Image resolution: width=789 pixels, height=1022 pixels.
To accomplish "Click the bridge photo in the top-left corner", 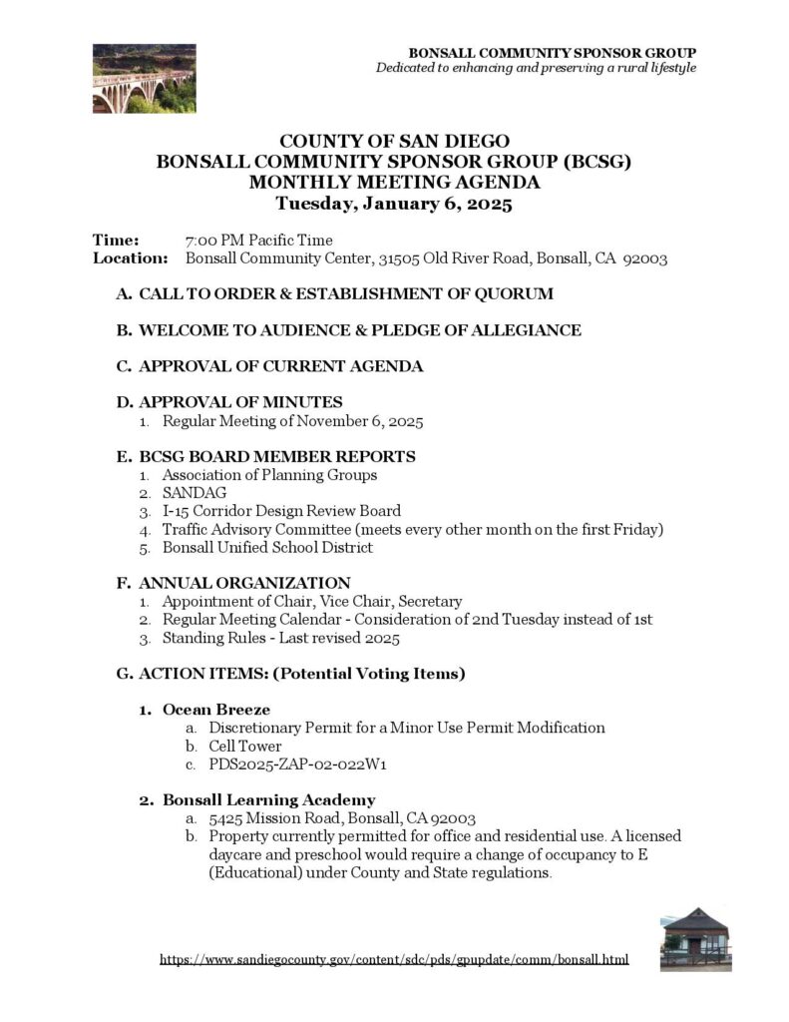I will pyautogui.click(x=144, y=78).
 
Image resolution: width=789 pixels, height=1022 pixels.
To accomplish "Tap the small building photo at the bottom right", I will pyautogui.click(x=695, y=938).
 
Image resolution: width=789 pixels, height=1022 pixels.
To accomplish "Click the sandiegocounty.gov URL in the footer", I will pyautogui.click(x=394, y=960).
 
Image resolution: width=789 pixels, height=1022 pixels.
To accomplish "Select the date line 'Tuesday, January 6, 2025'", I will pyautogui.click(x=394, y=205).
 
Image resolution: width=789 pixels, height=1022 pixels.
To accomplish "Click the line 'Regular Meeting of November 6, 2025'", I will pyautogui.click(x=292, y=421).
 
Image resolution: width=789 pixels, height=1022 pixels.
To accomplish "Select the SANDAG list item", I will pyautogui.click(x=195, y=493).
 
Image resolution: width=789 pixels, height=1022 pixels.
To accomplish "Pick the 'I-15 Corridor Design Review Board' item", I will pyautogui.click(x=281, y=511).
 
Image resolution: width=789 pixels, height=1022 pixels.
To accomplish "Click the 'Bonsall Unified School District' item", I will pyautogui.click(x=267, y=547).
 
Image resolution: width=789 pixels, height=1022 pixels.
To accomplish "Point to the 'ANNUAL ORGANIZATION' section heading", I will pyautogui.click(x=244, y=583).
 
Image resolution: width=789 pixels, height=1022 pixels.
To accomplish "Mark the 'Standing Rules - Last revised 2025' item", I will pyautogui.click(x=280, y=638).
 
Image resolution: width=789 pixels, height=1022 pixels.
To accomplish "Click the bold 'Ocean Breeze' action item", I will pyautogui.click(x=216, y=710).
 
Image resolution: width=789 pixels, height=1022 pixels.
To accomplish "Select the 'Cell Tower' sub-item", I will pyautogui.click(x=244, y=747).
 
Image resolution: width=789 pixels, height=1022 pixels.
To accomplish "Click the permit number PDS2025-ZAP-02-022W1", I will pyautogui.click(x=297, y=765).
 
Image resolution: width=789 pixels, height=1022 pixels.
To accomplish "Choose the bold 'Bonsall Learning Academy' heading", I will pyautogui.click(x=268, y=799).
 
